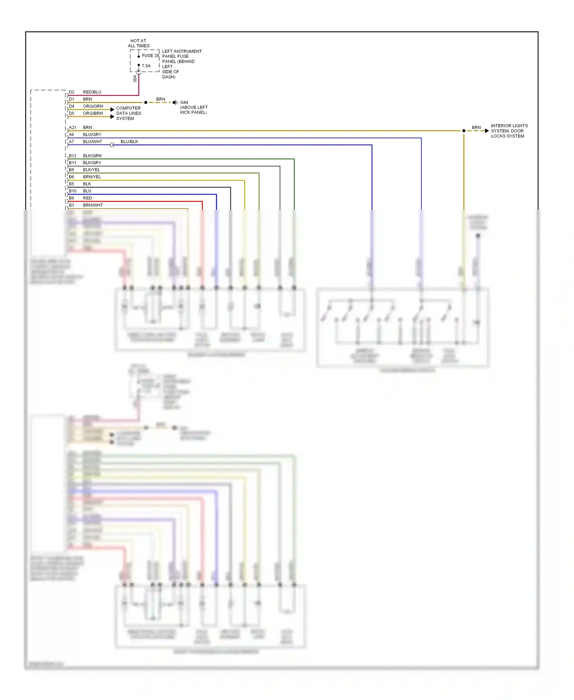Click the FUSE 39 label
(150, 56)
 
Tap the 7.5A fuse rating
(146, 66)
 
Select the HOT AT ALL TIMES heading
(139, 43)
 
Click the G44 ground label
(184, 103)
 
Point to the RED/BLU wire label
(92, 92)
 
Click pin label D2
(72, 92)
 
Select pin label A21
(72, 128)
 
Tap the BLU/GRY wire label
(92, 135)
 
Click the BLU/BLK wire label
(129, 142)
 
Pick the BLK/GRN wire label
(92, 156)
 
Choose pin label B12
(73, 156)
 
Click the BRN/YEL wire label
(92, 177)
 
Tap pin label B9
(72, 198)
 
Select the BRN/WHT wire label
(93, 205)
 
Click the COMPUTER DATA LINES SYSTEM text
(129, 113)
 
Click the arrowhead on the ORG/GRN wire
(113, 110)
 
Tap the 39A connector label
(135, 79)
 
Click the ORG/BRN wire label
(93, 113)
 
